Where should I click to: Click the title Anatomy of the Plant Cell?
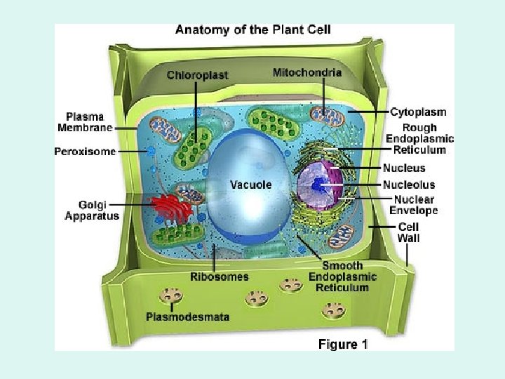pos(252,30)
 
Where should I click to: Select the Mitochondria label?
pos(307,72)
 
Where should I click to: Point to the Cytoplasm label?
pos(417,112)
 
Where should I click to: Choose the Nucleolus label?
pos(408,185)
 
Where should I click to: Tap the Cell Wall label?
pos(408,232)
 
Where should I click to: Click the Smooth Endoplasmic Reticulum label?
pos(342,277)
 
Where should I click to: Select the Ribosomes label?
pos(220,277)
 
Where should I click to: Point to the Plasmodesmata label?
pos(187,317)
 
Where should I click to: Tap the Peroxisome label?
pos(85,151)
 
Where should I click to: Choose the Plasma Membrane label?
pos(85,122)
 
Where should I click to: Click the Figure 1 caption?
pos(343,344)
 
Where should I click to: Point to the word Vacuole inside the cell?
pos(250,185)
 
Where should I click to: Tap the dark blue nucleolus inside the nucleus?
pos(319,185)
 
